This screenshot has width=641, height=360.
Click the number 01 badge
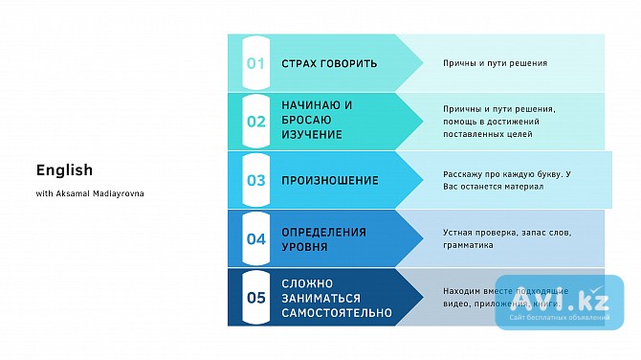click(255, 63)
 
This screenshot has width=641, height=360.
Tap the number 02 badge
click(255, 122)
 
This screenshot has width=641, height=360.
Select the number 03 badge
click(255, 180)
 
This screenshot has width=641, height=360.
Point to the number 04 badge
click(255, 238)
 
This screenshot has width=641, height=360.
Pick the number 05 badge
click(255, 297)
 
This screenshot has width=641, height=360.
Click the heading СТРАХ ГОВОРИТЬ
click(329, 63)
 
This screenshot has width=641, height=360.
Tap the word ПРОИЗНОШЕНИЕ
click(329, 180)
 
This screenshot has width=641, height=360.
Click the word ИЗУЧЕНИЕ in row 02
click(312, 135)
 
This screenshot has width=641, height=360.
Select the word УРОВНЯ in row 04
click(304, 246)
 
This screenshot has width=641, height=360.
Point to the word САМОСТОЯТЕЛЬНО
click(336, 312)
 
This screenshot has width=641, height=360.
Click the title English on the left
click(64, 170)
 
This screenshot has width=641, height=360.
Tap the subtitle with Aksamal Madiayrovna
click(91, 193)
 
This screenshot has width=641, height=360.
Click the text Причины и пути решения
click(495, 63)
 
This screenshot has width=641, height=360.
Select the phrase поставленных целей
click(487, 135)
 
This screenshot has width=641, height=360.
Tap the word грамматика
click(468, 245)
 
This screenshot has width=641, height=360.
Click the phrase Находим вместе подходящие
click(506, 290)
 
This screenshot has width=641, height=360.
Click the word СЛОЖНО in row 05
click(307, 283)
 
